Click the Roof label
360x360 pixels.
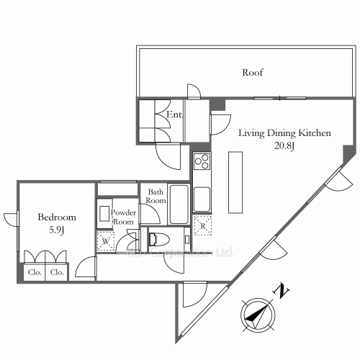[252, 73]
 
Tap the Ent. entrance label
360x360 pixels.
[174, 114]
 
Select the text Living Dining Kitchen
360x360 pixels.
[284, 133]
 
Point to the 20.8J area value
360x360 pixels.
[284, 146]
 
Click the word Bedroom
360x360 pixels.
[58, 217]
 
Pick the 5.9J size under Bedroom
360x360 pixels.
[58, 230]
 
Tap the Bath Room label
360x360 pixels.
[156, 197]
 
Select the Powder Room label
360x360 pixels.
[123, 217]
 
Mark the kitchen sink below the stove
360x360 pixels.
[202, 194]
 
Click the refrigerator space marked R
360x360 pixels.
[203, 225]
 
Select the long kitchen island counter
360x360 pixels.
[234, 181]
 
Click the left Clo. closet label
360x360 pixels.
[35, 273]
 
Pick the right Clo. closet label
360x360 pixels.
[57, 273]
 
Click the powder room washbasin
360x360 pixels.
[104, 215]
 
